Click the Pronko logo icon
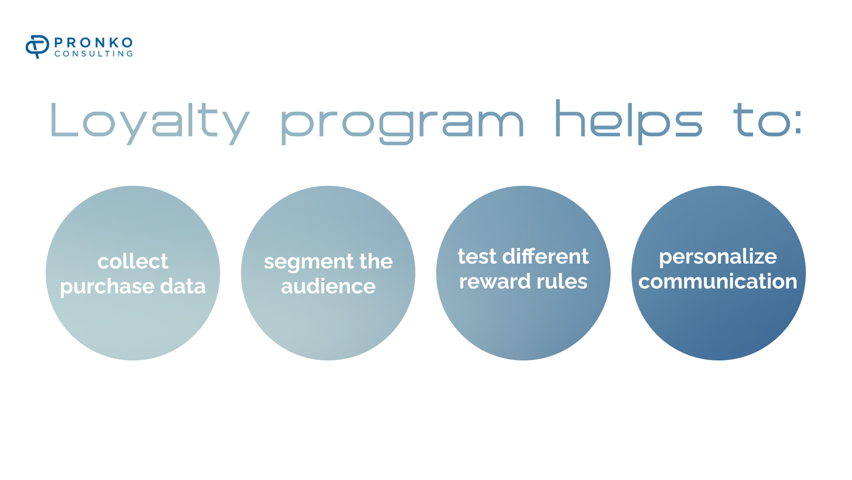click(37, 47)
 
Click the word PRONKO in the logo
click(94, 43)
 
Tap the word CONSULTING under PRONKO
click(94, 54)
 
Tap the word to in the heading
click(762, 120)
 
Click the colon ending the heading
click(799, 123)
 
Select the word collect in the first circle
click(133, 261)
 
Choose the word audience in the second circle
click(328, 286)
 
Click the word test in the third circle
click(477, 257)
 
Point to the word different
click(545, 256)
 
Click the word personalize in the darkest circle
click(718, 257)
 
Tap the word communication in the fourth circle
click(718, 282)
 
